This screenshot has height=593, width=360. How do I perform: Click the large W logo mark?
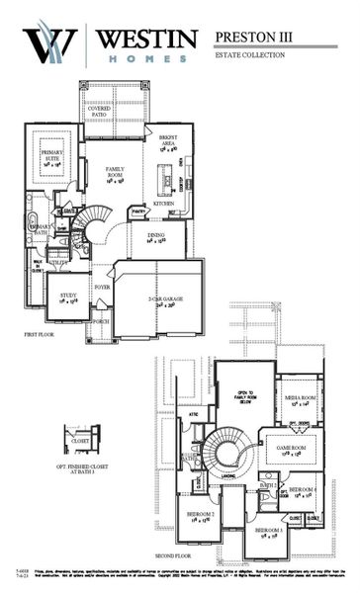click(49, 44)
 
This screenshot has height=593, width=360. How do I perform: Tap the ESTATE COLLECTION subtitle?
click(250, 55)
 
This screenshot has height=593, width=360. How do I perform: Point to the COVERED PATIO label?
click(99, 111)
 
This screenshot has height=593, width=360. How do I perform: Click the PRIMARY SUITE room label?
click(51, 155)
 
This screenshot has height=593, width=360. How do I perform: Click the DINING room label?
click(156, 237)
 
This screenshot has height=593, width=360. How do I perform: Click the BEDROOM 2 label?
click(200, 516)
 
